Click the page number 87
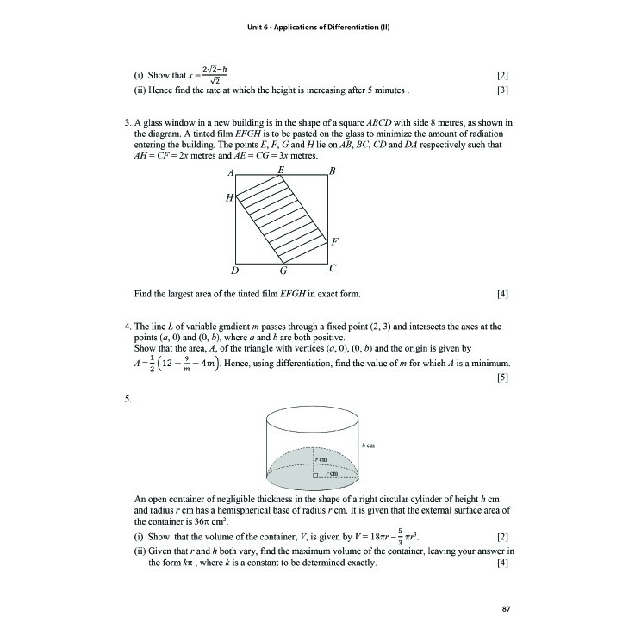click(506, 610)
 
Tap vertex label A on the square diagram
click(231, 174)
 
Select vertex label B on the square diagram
click(333, 173)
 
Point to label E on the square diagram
click(282, 171)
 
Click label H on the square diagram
click(229, 197)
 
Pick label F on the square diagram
click(333, 240)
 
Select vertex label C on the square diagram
click(333, 269)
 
